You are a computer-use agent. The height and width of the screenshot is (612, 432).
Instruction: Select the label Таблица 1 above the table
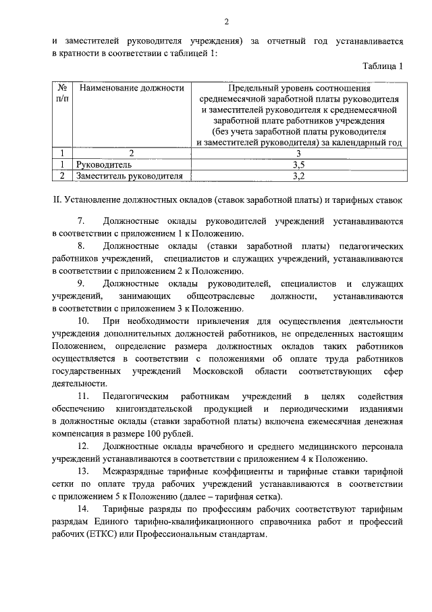(x=381, y=66)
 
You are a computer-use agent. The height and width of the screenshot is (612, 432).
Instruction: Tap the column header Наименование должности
(x=131, y=89)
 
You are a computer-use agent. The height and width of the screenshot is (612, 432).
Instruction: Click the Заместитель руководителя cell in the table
(x=130, y=176)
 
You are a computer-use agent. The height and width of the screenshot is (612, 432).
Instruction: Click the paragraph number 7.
(x=81, y=221)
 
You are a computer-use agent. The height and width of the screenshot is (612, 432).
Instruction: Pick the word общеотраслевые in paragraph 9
(x=221, y=296)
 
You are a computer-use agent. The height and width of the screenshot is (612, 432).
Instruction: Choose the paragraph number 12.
(x=84, y=447)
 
